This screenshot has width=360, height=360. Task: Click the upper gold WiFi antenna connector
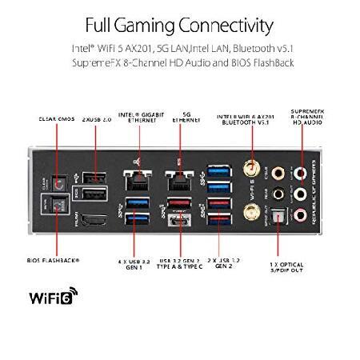point(250,171)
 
